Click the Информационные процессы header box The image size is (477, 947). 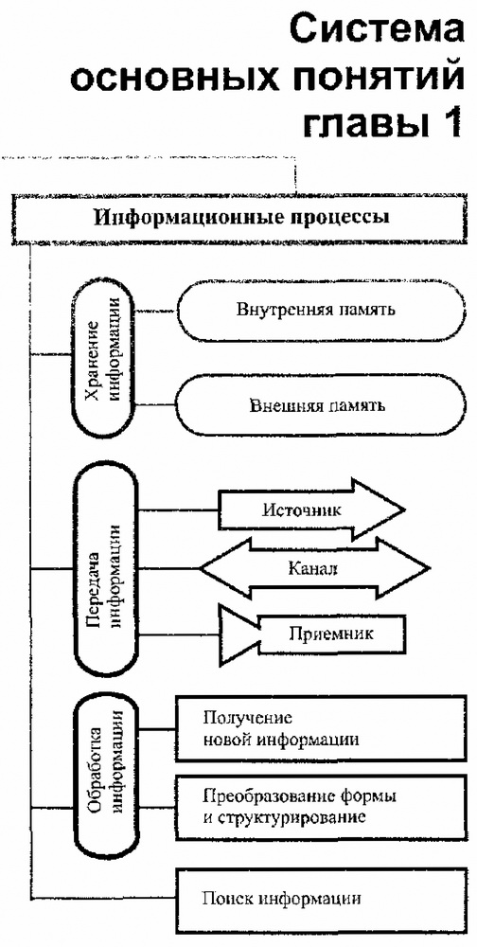[x=240, y=217]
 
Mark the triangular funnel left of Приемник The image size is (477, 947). [x=241, y=630]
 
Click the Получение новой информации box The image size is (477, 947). [x=316, y=728]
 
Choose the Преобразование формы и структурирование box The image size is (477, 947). [x=316, y=805]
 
